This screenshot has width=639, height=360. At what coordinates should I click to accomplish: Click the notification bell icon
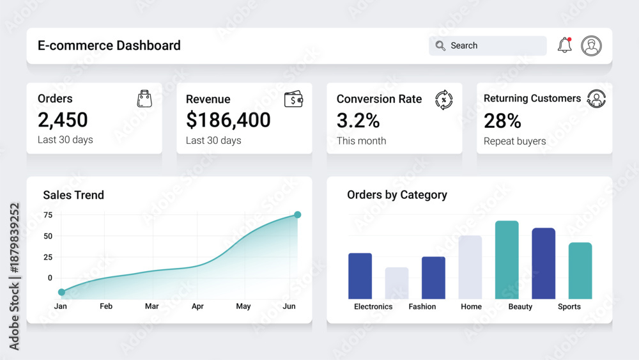pos(564,45)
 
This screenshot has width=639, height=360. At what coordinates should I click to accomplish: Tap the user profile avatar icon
pos(591,45)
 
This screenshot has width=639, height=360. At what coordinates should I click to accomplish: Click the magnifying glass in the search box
pos(440,45)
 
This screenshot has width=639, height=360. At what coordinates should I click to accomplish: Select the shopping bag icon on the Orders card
pos(144,98)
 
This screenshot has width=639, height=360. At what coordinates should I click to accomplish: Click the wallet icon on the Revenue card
pos(293,99)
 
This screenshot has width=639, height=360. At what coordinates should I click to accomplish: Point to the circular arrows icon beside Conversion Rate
pos(444,100)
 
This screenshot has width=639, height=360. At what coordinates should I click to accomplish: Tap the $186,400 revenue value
pos(228,120)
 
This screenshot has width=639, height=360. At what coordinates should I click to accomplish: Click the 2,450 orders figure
pos(63,120)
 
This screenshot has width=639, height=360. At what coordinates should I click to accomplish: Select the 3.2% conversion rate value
pos(358,120)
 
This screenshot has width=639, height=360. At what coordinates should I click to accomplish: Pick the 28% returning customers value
pos(502,121)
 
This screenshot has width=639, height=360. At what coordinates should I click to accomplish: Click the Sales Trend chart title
pos(73,195)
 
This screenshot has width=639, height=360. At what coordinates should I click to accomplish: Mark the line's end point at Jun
pos(298,214)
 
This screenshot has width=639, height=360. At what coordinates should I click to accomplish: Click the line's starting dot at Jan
pos(61,292)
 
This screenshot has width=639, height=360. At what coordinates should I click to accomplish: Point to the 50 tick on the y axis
pos(48,236)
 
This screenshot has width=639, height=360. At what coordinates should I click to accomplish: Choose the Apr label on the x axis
pos(197,306)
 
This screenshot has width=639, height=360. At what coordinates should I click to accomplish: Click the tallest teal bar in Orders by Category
pos(507,260)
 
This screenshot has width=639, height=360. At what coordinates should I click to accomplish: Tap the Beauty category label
pos(520,306)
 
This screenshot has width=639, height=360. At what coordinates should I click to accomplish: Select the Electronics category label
pos(373,306)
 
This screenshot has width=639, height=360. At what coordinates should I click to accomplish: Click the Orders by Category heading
pos(397,195)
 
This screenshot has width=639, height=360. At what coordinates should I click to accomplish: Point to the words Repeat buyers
pos(514,141)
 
